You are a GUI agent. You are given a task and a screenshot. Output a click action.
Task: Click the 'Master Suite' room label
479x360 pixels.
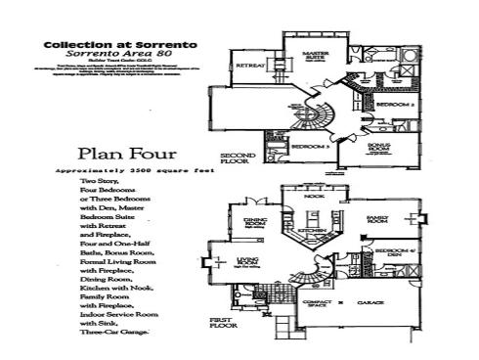click(x=315, y=55)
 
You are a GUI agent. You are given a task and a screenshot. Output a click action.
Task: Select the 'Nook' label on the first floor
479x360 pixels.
click(x=316, y=196)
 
